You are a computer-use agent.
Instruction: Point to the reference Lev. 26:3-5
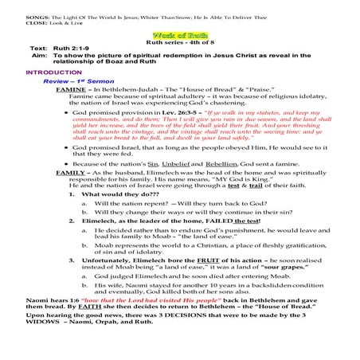tap(174, 112)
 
